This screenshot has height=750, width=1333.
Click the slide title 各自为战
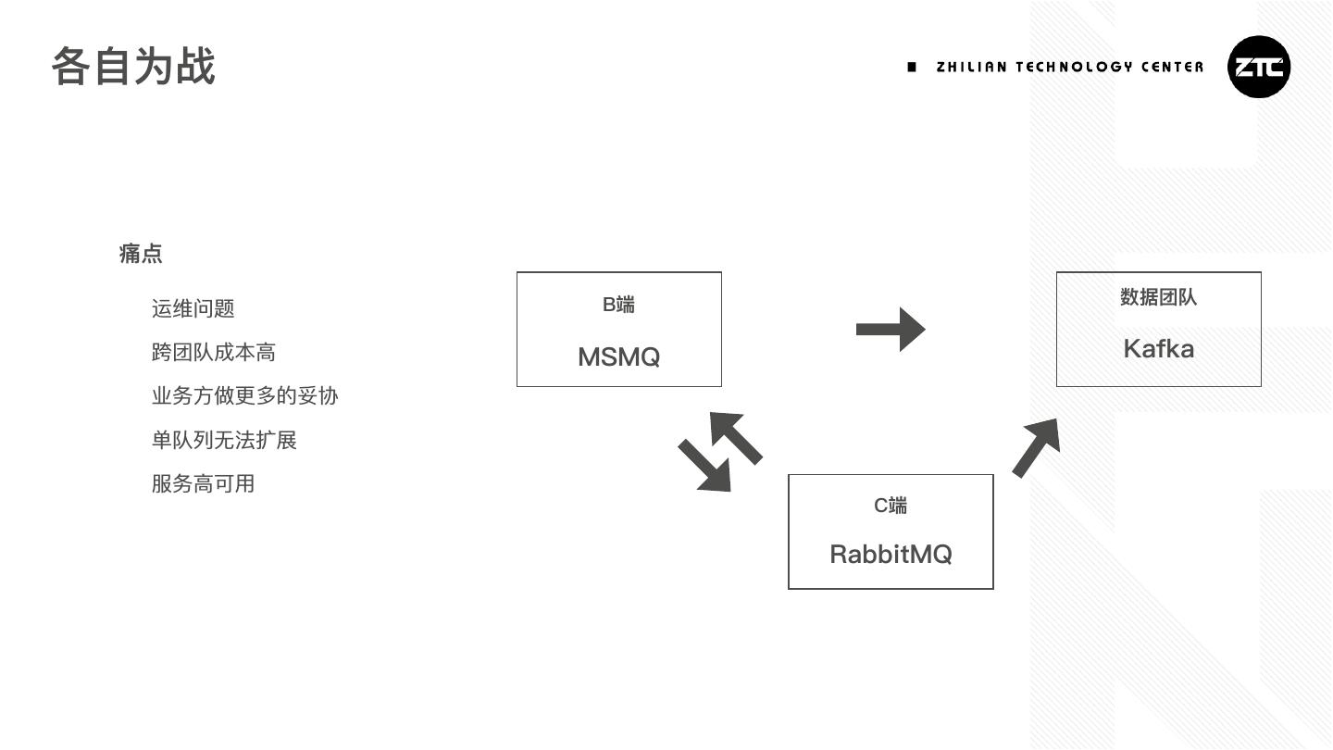133,67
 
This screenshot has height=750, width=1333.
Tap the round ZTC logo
1259,67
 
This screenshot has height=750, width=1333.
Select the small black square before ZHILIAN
912,67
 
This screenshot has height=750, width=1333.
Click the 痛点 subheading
141,254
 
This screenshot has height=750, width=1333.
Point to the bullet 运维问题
193,308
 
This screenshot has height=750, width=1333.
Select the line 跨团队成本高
213,352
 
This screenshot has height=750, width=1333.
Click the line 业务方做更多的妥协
244,395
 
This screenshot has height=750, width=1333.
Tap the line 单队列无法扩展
224,440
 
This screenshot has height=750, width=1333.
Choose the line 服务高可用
203,483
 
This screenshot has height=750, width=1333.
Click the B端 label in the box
618,305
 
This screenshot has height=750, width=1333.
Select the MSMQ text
618,356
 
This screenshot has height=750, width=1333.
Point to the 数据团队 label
1158,297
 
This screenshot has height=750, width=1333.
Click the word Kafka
1158,349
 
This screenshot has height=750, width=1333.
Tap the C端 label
891,506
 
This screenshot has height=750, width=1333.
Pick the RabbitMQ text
891,554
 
